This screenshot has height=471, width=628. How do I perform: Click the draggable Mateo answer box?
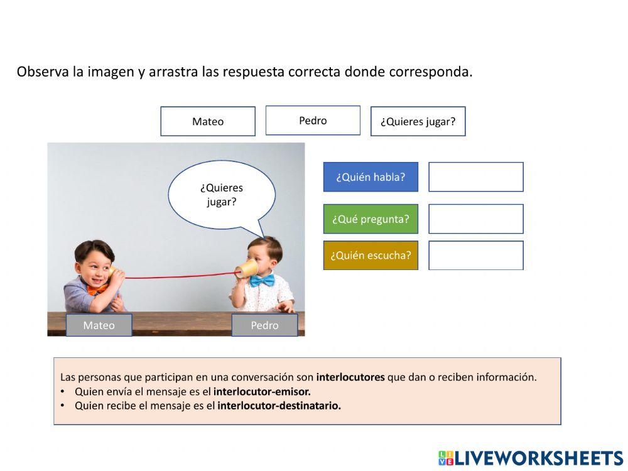(208, 121)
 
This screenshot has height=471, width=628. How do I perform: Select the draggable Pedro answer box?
(313, 121)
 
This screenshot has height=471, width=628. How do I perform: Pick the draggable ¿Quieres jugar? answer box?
(418, 121)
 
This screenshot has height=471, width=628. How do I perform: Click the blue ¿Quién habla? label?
(371, 177)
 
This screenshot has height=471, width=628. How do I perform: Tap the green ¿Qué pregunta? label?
(371, 219)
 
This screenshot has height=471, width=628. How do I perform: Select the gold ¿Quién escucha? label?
(371, 256)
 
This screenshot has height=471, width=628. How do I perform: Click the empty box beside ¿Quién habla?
(475, 177)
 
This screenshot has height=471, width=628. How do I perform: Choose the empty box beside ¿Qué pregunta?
(475, 219)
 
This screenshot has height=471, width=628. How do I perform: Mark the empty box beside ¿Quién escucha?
(475, 256)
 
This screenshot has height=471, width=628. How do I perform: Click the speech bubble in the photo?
(222, 194)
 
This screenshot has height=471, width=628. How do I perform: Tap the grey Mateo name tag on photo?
(99, 325)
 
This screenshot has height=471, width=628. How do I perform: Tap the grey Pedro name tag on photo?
(264, 325)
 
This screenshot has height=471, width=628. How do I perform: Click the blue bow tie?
(262, 280)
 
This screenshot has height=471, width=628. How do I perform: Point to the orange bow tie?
(94, 290)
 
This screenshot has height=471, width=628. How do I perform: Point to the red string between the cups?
(176, 276)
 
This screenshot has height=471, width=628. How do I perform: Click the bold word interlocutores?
(350, 377)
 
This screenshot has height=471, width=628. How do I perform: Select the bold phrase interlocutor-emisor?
(262, 391)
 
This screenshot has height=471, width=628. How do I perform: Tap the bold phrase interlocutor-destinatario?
(279, 406)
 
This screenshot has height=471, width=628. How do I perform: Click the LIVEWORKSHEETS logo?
(531, 458)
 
